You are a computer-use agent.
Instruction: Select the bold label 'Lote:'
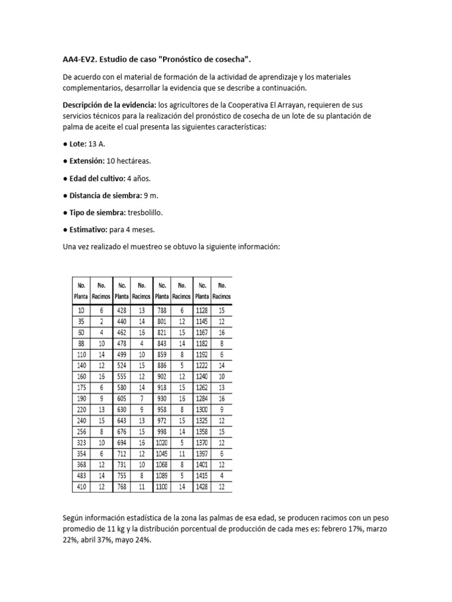coord(77,143)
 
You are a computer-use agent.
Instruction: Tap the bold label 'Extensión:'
coord(86,160)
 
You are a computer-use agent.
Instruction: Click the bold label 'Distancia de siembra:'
coord(104,195)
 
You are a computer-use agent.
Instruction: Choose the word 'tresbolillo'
coord(141,212)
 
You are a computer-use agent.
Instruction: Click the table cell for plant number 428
coord(121,310)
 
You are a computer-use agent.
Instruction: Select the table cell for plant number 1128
coord(201,310)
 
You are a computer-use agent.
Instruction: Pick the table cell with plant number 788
coord(161,310)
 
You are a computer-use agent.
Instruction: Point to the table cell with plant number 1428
coord(201,487)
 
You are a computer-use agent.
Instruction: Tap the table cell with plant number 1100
coord(161,487)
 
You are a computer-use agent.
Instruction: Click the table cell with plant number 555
coord(121,376)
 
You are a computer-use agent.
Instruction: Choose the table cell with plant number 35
coord(81,321)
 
